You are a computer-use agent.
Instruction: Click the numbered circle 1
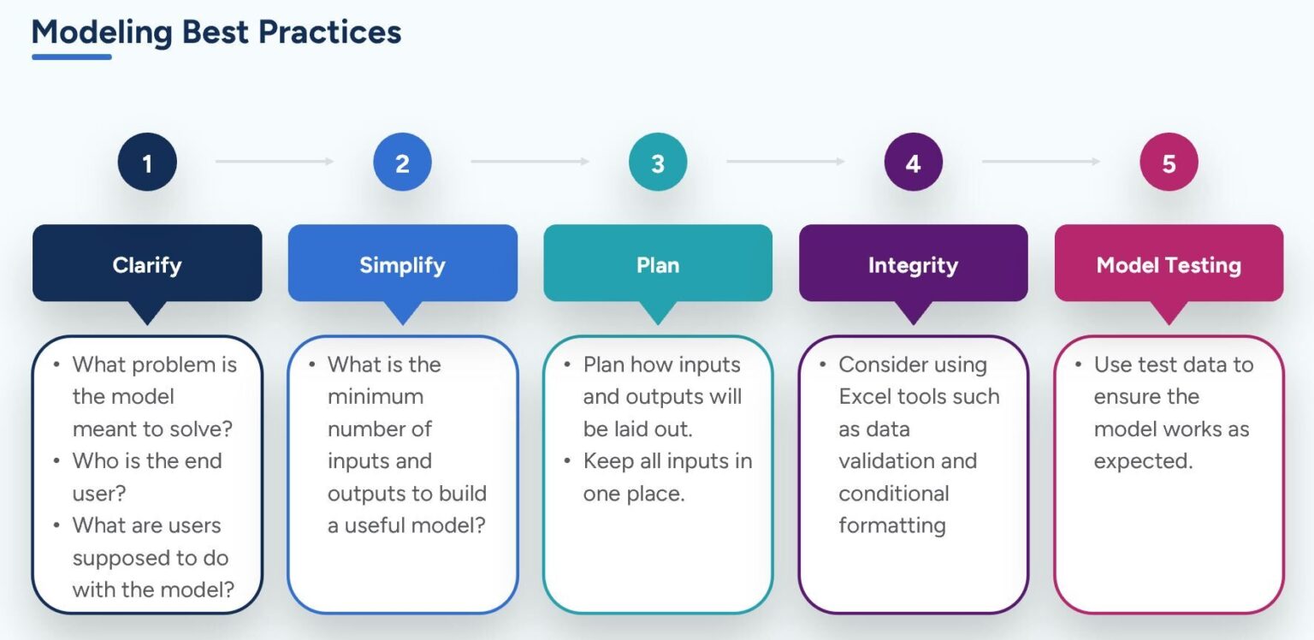(147, 162)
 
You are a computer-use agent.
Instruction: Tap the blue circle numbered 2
(402, 162)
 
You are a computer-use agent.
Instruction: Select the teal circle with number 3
(658, 162)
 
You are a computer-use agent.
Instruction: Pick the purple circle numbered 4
(913, 162)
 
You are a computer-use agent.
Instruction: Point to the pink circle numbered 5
(1169, 162)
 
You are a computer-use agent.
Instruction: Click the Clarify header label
(147, 264)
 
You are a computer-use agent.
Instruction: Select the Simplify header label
(402, 264)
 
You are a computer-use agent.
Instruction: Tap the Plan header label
(658, 264)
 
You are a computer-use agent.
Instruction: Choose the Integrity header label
(913, 264)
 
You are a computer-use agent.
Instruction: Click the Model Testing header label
(1169, 264)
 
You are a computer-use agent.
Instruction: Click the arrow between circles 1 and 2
(274, 162)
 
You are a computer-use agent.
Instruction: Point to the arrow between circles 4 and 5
(1040, 162)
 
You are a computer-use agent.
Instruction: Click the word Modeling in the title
(102, 33)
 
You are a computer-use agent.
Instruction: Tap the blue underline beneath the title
(72, 57)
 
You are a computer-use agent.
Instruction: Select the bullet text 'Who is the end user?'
(146, 477)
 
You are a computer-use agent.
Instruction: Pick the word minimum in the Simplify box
(375, 397)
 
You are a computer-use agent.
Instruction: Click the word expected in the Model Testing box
(1142, 461)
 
